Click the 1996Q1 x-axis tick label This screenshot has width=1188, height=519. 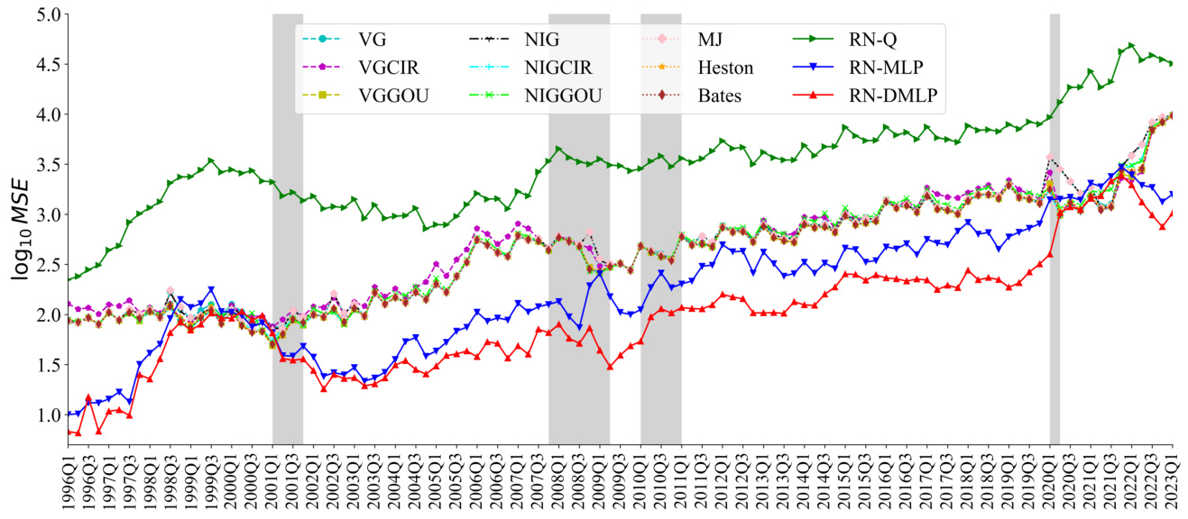click(69, 483)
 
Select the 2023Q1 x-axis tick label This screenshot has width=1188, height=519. click(1174, 483)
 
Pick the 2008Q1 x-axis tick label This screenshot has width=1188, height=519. click(560, 483)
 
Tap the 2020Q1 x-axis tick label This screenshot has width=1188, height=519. click(1051, 483)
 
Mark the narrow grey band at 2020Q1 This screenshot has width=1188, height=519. click(1054, 270)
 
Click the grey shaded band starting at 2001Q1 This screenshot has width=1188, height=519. click(287, 270)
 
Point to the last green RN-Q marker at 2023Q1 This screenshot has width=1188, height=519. click(1173, 63)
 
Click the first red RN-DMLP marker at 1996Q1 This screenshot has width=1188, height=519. click(69, 432)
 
